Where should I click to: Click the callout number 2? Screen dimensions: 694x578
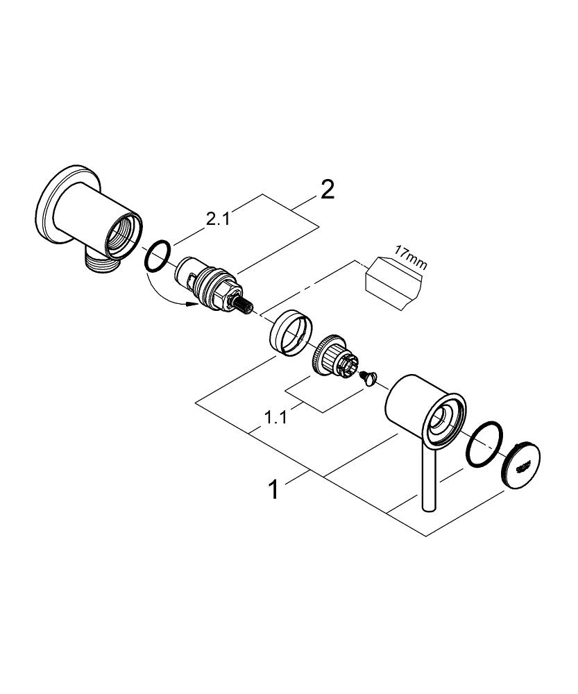pos(325,189)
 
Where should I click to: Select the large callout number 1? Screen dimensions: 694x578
pos(274,491)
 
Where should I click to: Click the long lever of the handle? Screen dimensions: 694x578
pos(428,479)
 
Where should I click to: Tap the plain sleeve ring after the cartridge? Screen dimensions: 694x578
pos(289,332)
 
